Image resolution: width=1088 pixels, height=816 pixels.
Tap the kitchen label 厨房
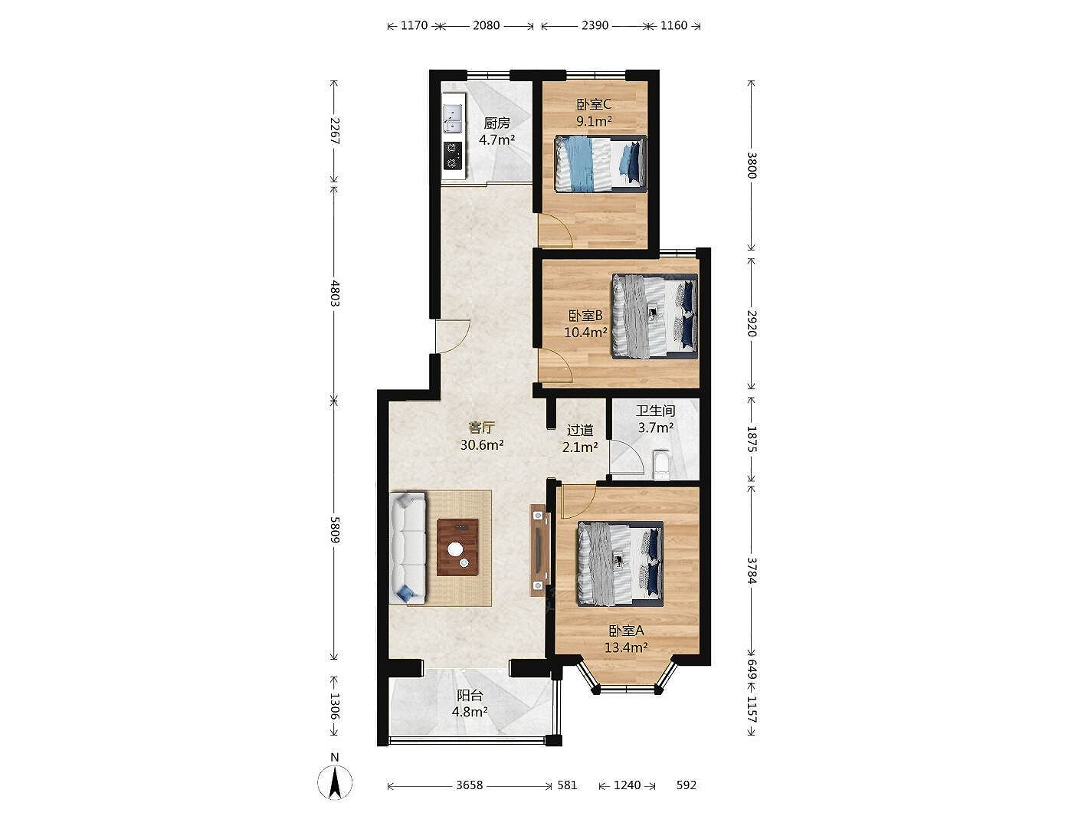coord(496,123)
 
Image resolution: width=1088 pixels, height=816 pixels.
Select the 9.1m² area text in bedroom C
coord(594,121)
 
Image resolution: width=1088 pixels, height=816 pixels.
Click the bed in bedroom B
coord(655,316)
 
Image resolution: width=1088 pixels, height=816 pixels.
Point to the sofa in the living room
coord(408,548)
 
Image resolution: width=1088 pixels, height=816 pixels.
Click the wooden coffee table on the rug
coord(457,547)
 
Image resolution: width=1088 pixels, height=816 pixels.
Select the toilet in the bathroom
coord(661,465)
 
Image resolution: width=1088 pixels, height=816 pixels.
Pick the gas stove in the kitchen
coord(106,155)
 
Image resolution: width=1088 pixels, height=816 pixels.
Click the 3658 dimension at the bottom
coord(469,785)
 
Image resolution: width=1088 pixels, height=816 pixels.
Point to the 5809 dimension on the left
coord(335,529)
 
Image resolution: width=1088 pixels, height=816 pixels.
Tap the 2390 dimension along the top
coord(595,25)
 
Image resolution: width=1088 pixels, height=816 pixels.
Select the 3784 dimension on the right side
coord(752,570)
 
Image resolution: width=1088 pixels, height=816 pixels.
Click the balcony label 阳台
coord(470,696)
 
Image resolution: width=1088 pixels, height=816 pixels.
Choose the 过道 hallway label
coord(580,430)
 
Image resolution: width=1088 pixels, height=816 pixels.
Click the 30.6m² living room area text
coord(482,445)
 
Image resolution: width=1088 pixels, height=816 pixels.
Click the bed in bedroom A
coord(620,563)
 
